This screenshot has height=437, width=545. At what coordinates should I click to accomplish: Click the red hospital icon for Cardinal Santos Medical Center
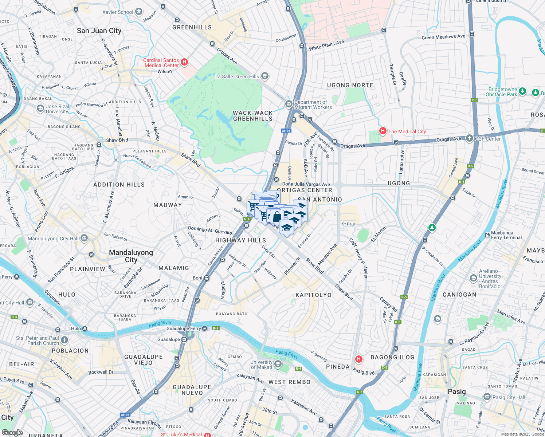coord(184,62)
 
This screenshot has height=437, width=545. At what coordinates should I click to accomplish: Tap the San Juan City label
coord(99,31)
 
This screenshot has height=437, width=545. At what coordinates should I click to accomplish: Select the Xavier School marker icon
coord(138,12)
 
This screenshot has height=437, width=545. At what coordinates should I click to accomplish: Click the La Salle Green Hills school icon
coord(265,76)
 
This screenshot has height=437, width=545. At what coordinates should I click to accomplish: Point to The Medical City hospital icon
coord(383,131)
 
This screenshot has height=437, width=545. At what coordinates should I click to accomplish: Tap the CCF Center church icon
coord(469,138)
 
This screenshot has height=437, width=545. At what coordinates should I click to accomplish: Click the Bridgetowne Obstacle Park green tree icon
coord(522,91)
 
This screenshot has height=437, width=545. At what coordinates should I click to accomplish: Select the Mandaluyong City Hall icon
coord(84,239)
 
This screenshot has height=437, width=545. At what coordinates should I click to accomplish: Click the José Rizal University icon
coord(40,109)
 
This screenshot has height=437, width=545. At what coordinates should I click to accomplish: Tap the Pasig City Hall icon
coord(487,397)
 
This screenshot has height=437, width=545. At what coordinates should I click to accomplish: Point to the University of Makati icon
coord(278,364)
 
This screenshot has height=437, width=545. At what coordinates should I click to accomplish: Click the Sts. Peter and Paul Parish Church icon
coord(64,340)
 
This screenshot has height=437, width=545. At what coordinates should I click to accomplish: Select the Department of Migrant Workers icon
coord(289,105)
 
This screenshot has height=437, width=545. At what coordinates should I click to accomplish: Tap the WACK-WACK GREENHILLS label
coord(253,116)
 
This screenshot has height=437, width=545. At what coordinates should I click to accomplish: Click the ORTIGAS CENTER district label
coord(305,190)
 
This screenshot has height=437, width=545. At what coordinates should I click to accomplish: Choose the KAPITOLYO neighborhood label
coord(314,295)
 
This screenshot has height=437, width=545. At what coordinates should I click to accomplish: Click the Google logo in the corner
coord(12,433)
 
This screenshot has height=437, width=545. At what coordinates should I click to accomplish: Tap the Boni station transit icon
coord(207,278)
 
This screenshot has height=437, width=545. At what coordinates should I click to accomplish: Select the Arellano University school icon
coord(473,279)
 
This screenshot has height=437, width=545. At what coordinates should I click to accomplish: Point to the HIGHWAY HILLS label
coord(240,240)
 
